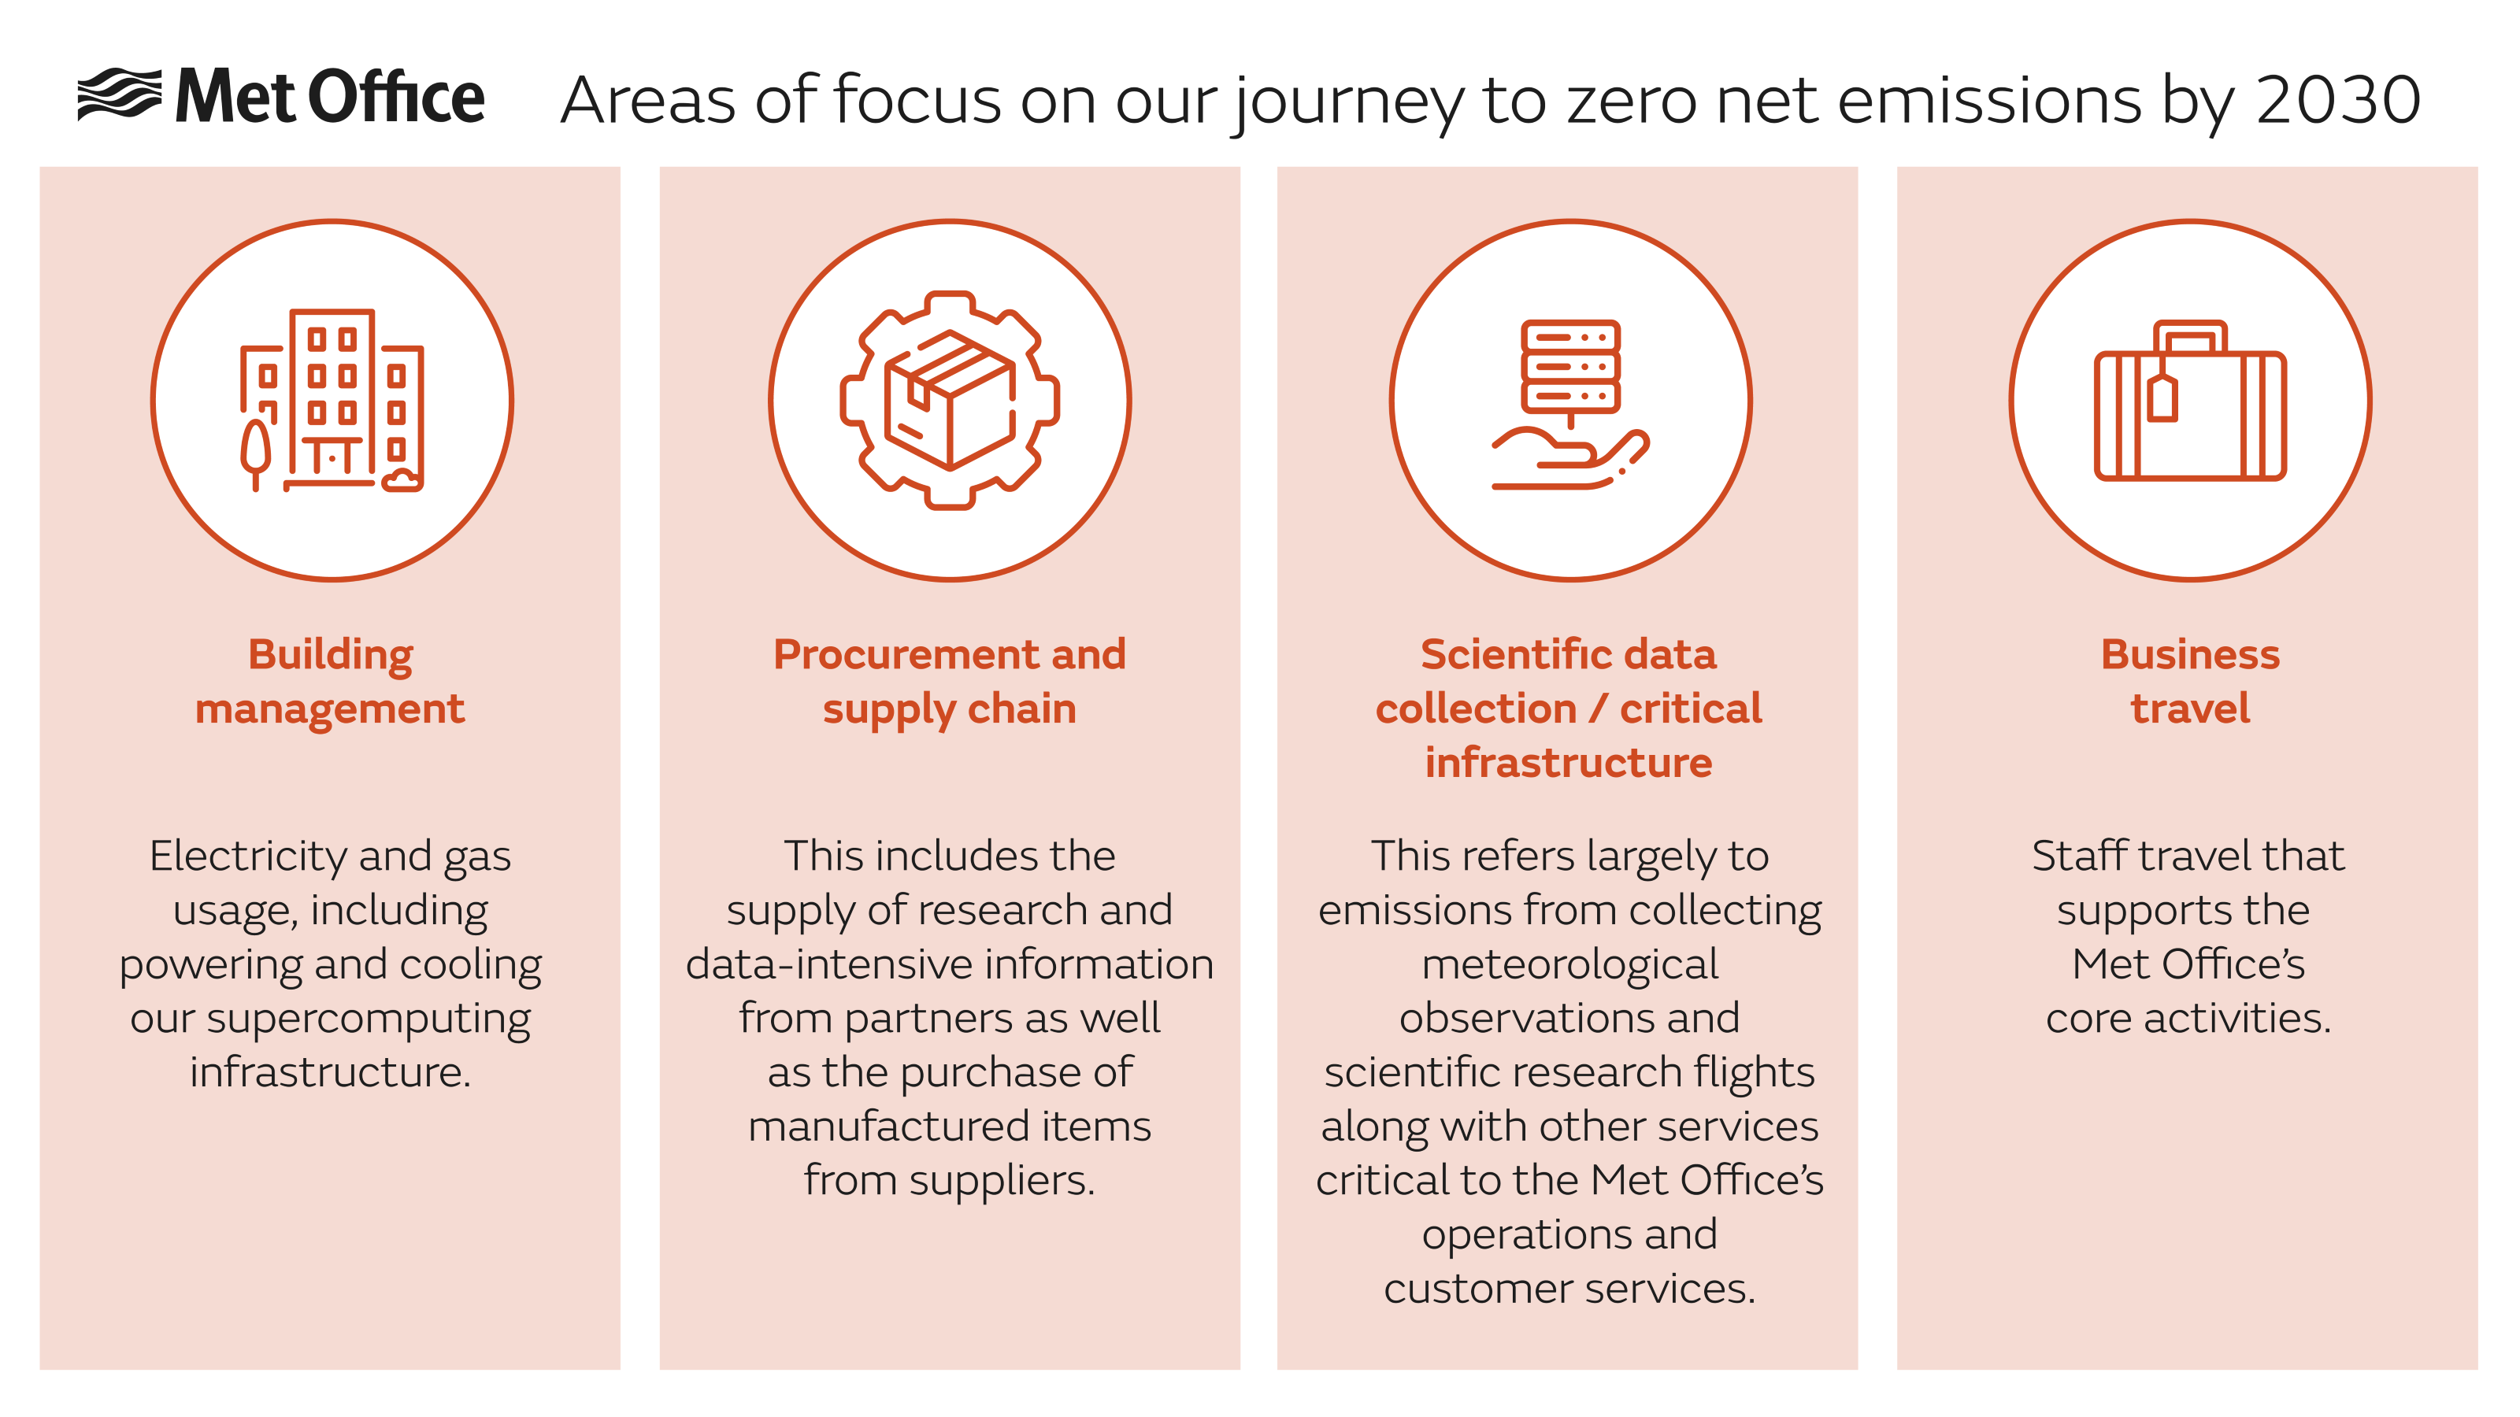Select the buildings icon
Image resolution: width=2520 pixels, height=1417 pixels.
(332, 400)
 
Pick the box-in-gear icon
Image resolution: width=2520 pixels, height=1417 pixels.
(949, 400)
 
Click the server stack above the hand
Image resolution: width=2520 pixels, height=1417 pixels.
(1570, 367)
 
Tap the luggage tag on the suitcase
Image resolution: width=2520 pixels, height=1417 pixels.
(2162, 397)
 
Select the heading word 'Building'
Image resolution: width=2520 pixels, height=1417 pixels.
(331, 655)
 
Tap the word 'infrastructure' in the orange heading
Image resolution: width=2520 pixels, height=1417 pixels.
(1568, 763)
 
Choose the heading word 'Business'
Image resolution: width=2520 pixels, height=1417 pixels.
(2189, 654)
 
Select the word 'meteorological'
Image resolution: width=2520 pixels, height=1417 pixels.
(1569, 965)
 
